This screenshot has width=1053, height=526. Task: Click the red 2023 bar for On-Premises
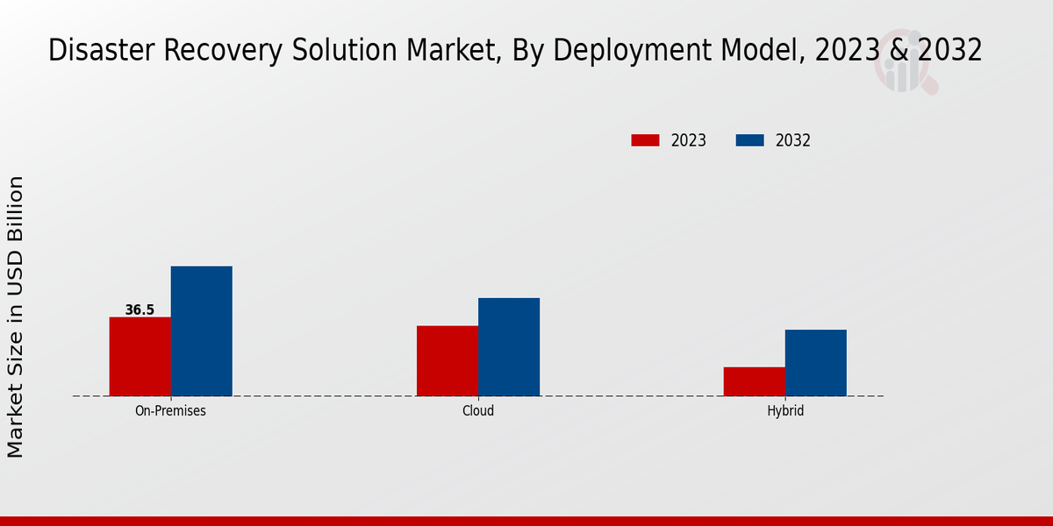140,356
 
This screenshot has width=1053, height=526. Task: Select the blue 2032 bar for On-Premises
201,331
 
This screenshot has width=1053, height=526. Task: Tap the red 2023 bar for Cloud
448,360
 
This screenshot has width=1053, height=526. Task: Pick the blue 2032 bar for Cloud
509,346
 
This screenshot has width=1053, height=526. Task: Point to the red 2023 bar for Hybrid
754,381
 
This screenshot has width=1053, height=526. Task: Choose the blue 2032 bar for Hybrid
815,362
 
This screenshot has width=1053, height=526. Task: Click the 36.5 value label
140,309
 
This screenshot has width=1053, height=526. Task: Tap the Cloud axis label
478,410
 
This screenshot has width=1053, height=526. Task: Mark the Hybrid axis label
784,410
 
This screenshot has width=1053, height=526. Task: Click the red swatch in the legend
645,140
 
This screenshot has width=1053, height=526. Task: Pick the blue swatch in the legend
749,140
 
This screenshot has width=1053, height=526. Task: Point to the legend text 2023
689,140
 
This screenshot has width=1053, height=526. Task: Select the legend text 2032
793,140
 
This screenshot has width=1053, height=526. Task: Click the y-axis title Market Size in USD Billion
16,316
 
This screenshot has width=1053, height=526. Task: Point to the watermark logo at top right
904,63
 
